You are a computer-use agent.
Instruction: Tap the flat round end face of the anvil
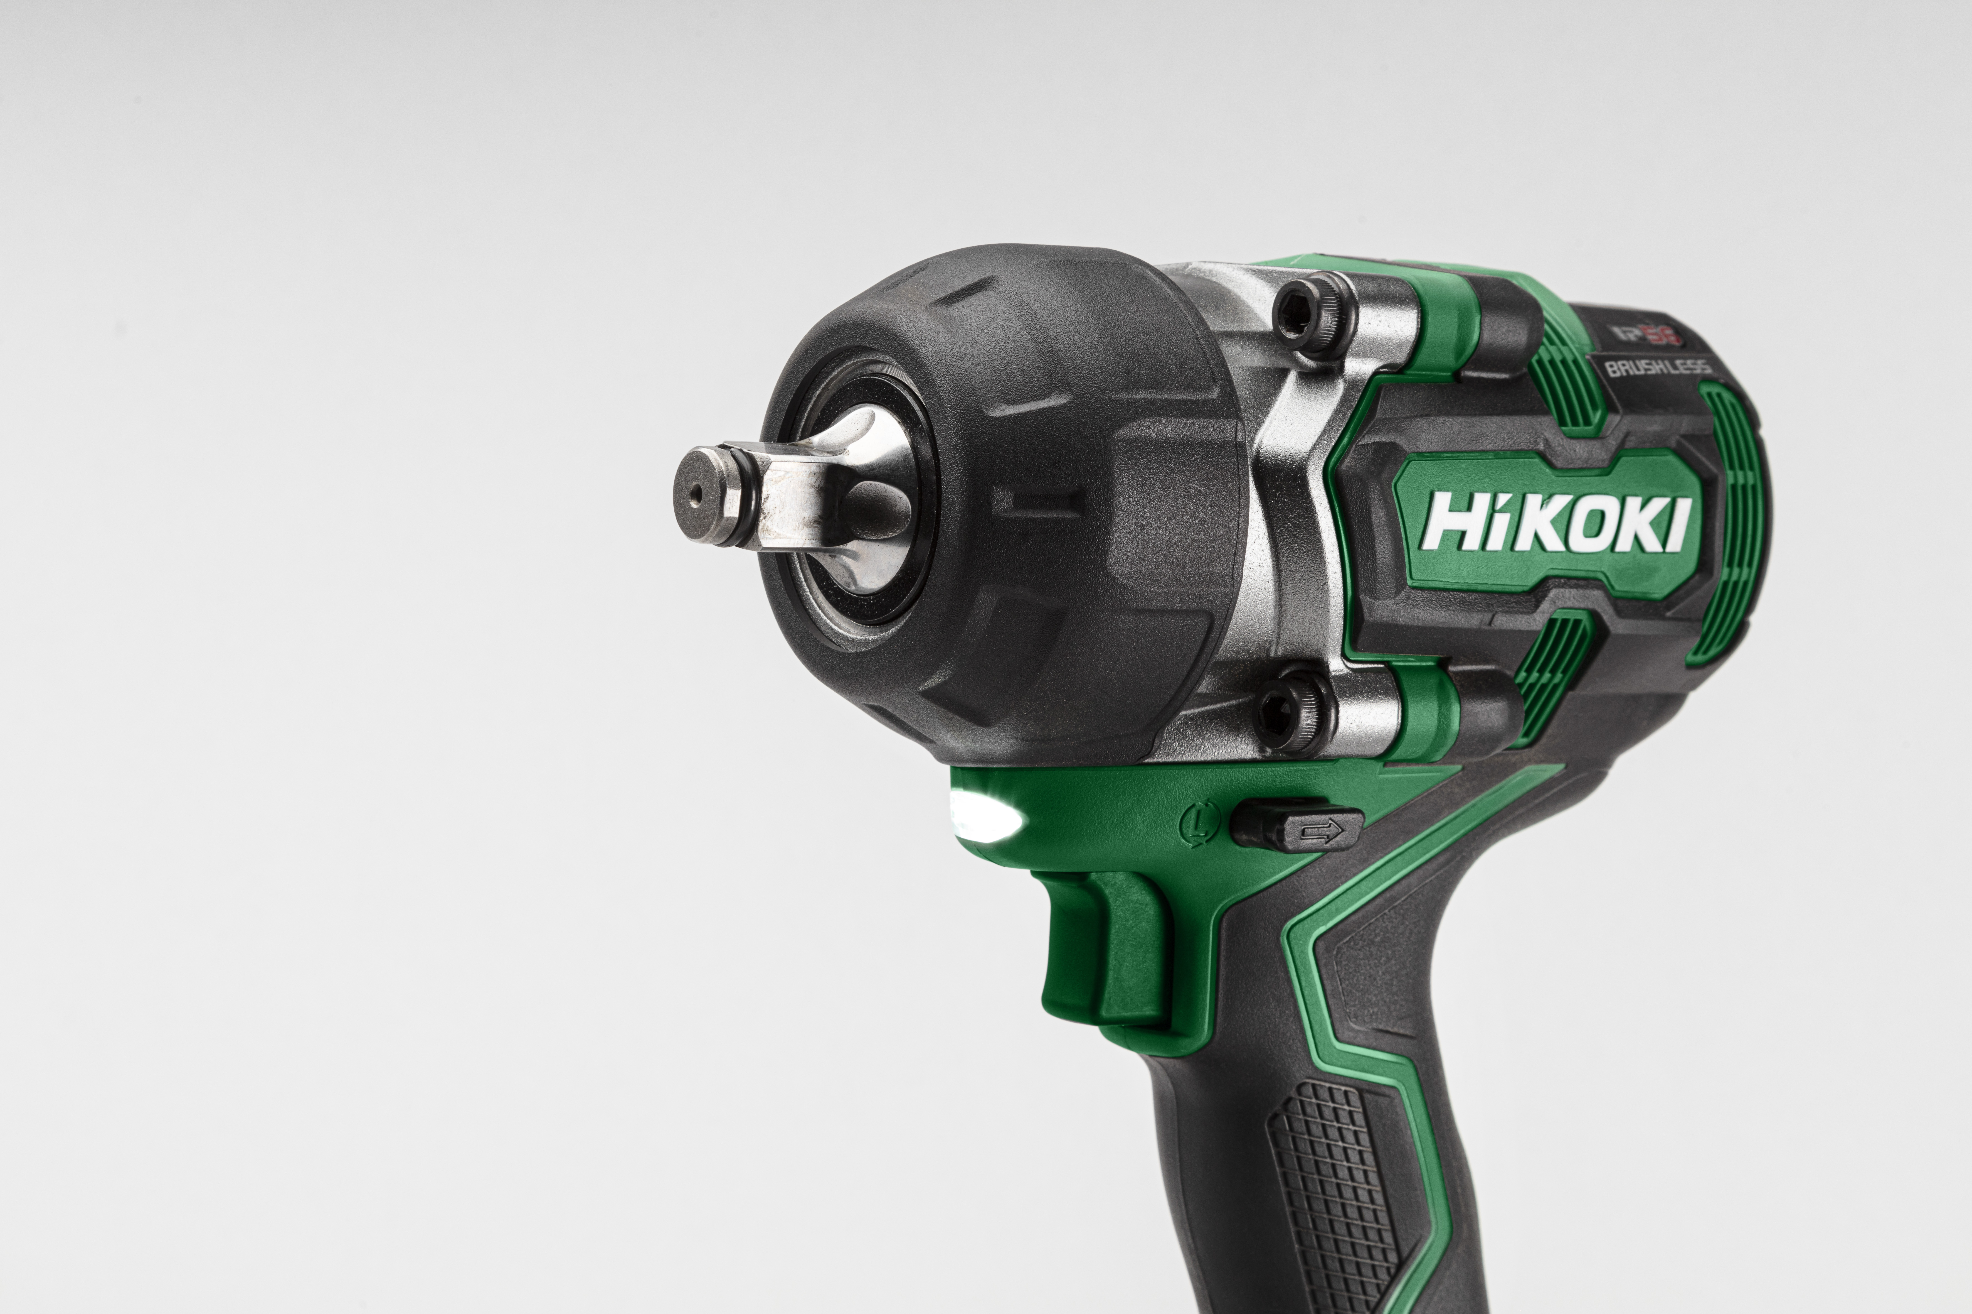[x=700, y=494]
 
